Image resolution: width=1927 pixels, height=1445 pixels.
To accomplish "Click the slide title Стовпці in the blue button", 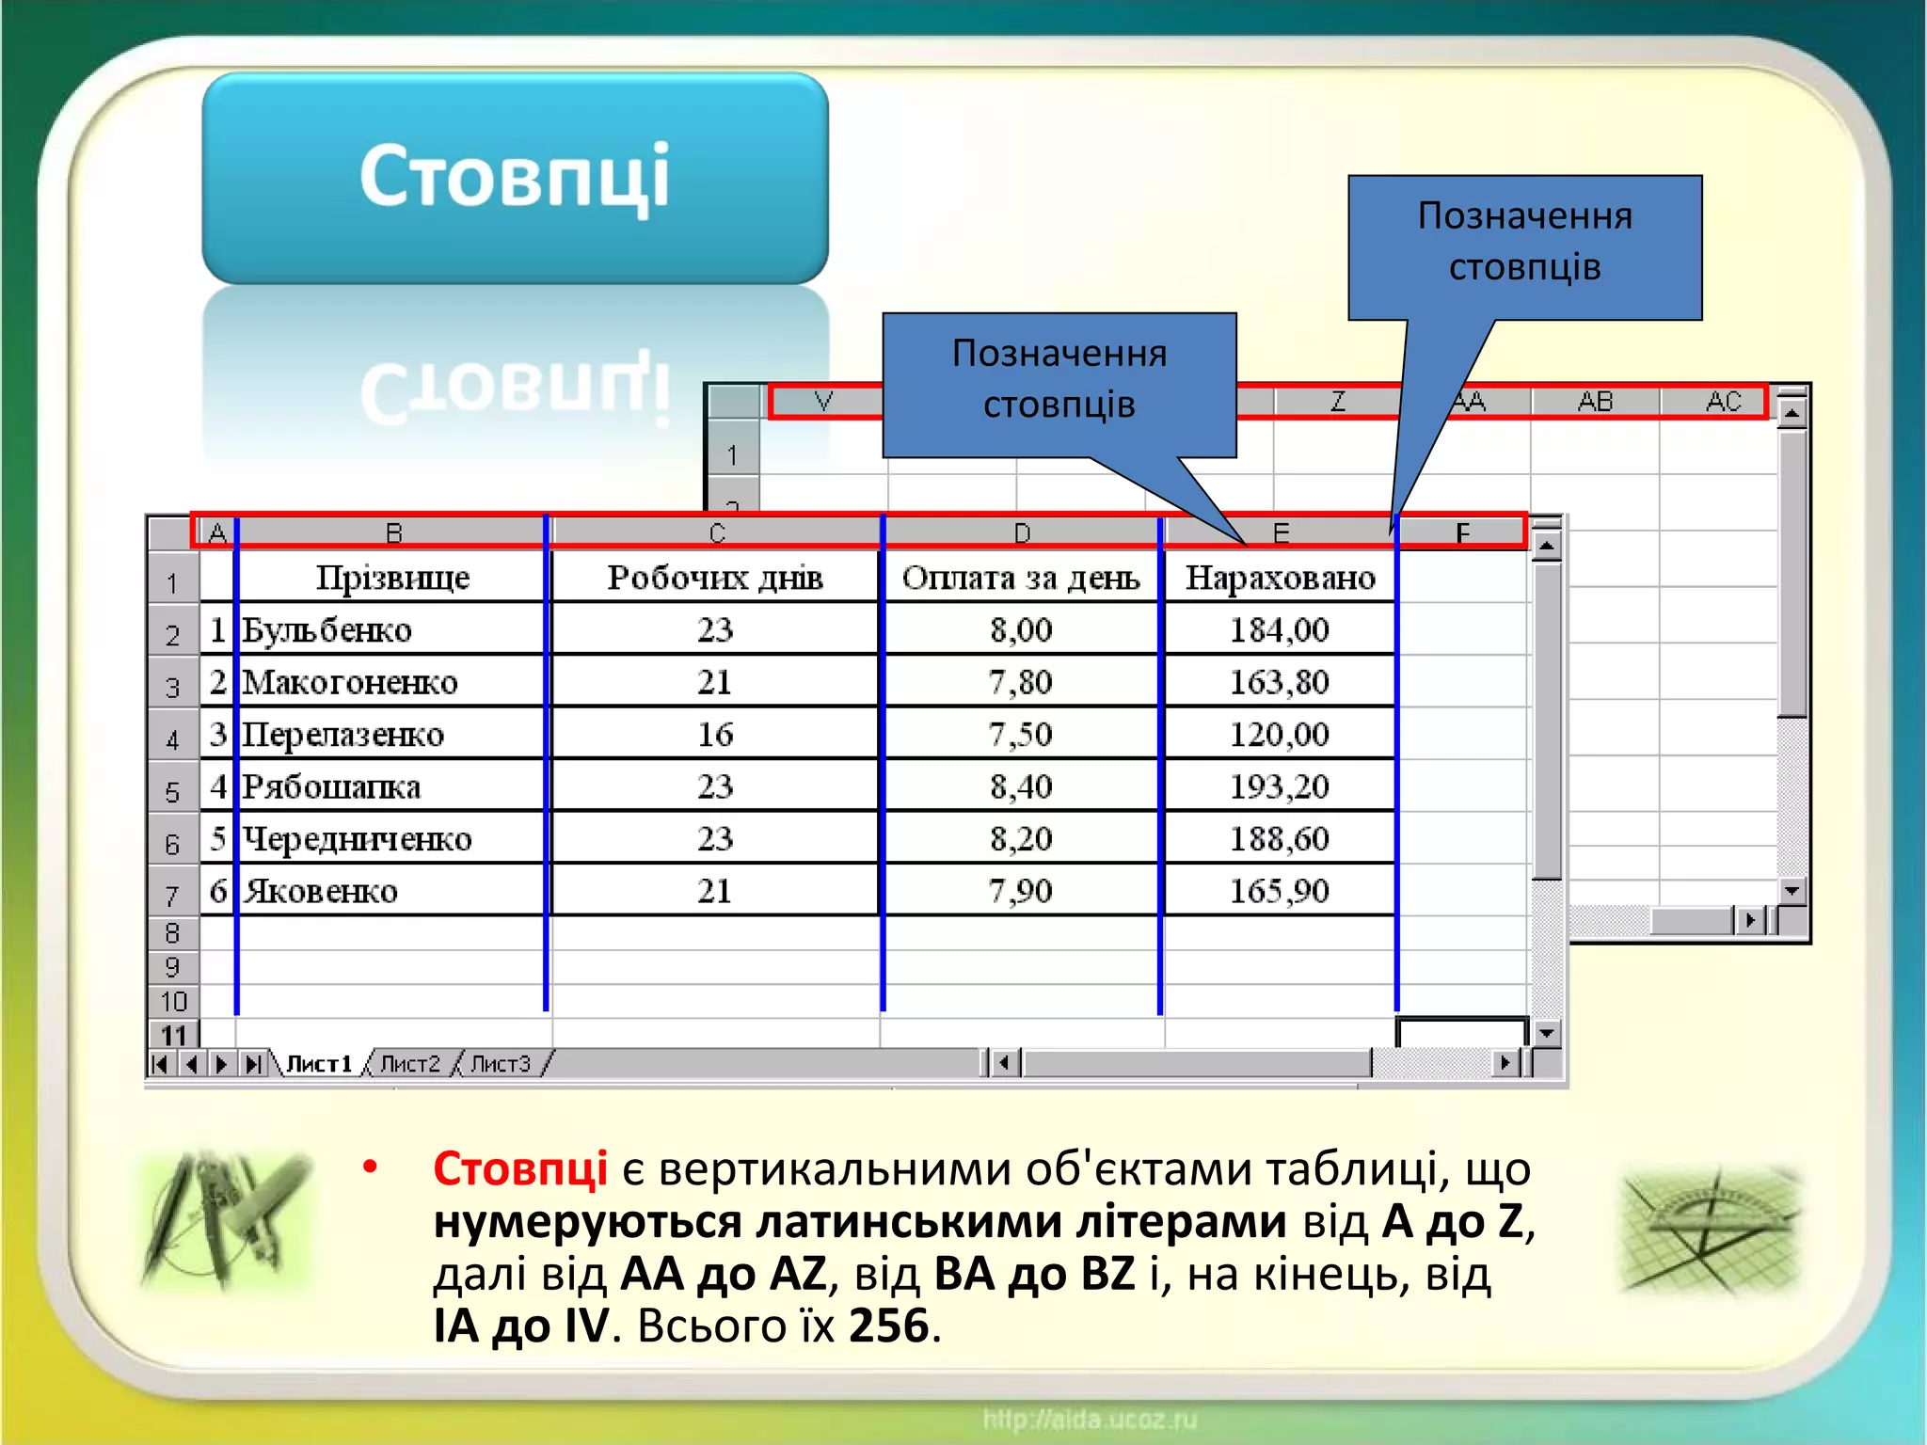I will pos(515,176).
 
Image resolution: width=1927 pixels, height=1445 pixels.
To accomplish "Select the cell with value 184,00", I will pos(1280,629).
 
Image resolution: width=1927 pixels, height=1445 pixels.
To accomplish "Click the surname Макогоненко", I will pos(350,682).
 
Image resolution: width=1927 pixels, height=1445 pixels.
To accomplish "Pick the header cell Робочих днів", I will pos(715,577).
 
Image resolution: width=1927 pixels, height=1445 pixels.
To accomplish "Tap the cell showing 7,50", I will pos(1021,734).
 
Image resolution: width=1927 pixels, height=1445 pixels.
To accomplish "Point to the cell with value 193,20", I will pos(1280,786).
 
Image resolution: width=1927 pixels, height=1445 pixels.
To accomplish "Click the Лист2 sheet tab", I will pos(410,1064).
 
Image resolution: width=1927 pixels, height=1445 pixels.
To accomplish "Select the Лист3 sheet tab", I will pos(501,1064).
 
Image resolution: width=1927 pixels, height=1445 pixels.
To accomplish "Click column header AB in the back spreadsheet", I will pos(1595,402).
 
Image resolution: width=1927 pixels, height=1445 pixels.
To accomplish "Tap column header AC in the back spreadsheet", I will pos(1723,402).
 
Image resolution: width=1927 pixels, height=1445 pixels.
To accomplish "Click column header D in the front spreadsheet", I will pos(1022,533).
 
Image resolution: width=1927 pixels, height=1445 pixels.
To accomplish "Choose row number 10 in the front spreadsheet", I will pos(173,1002).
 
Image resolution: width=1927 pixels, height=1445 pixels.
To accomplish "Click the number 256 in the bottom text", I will pos(888,1326).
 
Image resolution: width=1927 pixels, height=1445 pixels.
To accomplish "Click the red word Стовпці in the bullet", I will pos(519,1169).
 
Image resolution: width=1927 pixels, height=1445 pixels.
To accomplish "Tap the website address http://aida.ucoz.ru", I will pos(1090,1419).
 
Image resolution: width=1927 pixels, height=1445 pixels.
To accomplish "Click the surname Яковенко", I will pos(321,891).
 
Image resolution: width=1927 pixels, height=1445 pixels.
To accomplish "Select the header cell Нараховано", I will pos(1280,577).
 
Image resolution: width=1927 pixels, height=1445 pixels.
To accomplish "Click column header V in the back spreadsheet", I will pos(823,402).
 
